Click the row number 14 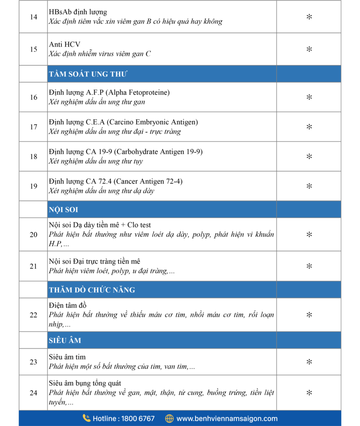point(34,17)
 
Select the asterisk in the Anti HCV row point(309,49)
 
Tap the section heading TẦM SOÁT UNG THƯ point(88,74)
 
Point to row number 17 point(34,127)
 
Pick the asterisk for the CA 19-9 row point(309,156)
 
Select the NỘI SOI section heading point(63,210)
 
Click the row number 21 point(34,266)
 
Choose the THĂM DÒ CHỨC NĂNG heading point(91,290)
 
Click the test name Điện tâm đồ point(67,305)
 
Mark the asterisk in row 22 point(309,315)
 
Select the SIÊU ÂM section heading point(65,340)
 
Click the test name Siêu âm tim point(67,357)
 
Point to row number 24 point(34,393)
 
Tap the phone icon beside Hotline point(86,418)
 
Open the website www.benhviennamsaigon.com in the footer point(227,419)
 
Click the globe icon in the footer point(169,419)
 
